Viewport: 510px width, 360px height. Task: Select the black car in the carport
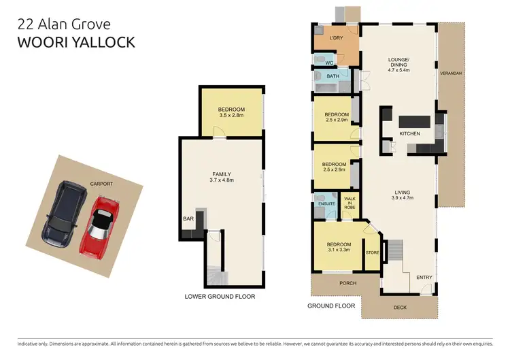(x=65, y=213)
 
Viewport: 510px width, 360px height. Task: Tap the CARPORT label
(x=101, y=184)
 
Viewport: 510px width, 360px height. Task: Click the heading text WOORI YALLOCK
(x=76, y=42)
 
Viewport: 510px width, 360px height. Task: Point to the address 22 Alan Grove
(x=63, y=24)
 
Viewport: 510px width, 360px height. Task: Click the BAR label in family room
(x=188, y=219)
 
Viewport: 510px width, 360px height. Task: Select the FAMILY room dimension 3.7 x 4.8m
(x=222, y=181)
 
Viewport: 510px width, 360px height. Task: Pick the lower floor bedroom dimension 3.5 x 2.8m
(x=231, y=116)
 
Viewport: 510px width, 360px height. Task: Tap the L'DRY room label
(x=335, y=38)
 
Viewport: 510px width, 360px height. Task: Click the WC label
(x=329, y=63)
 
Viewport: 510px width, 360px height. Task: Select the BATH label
(x=333, y=76)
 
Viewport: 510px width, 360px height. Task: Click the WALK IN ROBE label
(x=350, y=203)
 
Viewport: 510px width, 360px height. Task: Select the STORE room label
(x=372, y=252)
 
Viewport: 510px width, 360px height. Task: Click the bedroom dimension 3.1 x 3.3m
(x=339, y=250)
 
